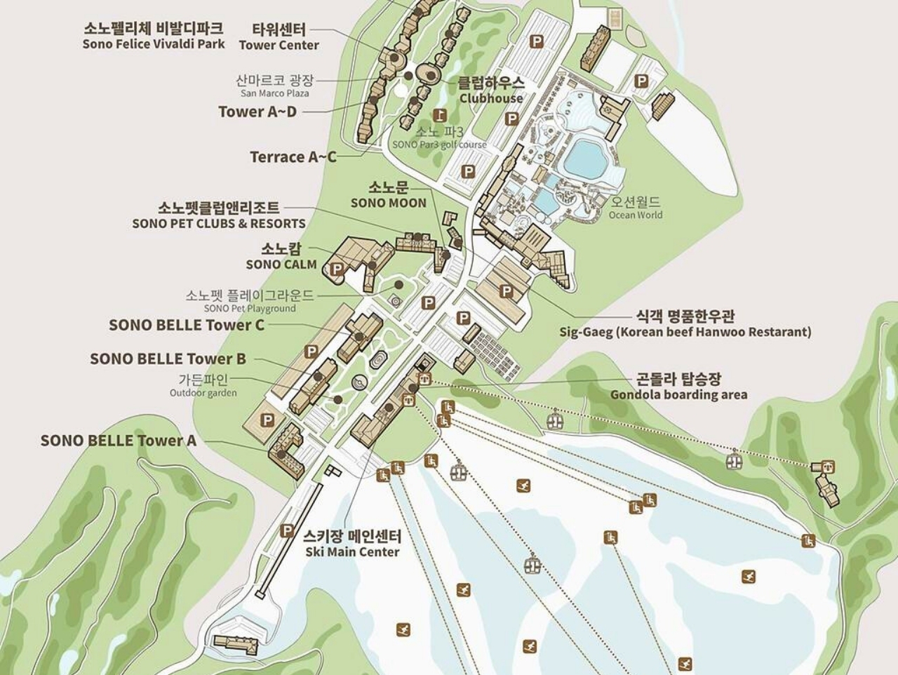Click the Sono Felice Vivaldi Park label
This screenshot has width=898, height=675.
[x=153, y=36]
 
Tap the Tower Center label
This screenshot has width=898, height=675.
[x=279, y=37]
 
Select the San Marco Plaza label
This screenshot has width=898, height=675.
[x=274, y=86]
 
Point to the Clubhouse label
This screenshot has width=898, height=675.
[x=491, y=91]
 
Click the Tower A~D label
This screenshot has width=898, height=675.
[x=257, y=112]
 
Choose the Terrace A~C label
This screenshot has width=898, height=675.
[x=293, y=156]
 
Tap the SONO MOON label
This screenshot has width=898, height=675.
[x=388, y=195]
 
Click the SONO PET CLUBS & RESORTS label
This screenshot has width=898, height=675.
[x=218, y=215]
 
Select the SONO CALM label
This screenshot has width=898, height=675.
[x=281, y=257]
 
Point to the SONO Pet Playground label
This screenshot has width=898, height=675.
[x=250, y=301]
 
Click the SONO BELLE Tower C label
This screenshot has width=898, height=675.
[x=187, y=325]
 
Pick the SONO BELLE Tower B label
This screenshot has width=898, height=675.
[x=168, y=359]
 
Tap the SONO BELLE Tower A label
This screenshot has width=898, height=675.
[x=118, y=440]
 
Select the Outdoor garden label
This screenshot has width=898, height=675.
[x=203, y=385]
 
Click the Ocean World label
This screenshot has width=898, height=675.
[x=635, y=208]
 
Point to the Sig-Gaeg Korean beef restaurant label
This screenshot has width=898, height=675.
[x=685, y=324]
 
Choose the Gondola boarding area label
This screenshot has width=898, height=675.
[x=678, y=387]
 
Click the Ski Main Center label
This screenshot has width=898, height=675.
[x=352, y=544]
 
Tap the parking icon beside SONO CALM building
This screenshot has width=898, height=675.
[x=337, y=269]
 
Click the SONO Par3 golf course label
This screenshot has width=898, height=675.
[x=439, y=138]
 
